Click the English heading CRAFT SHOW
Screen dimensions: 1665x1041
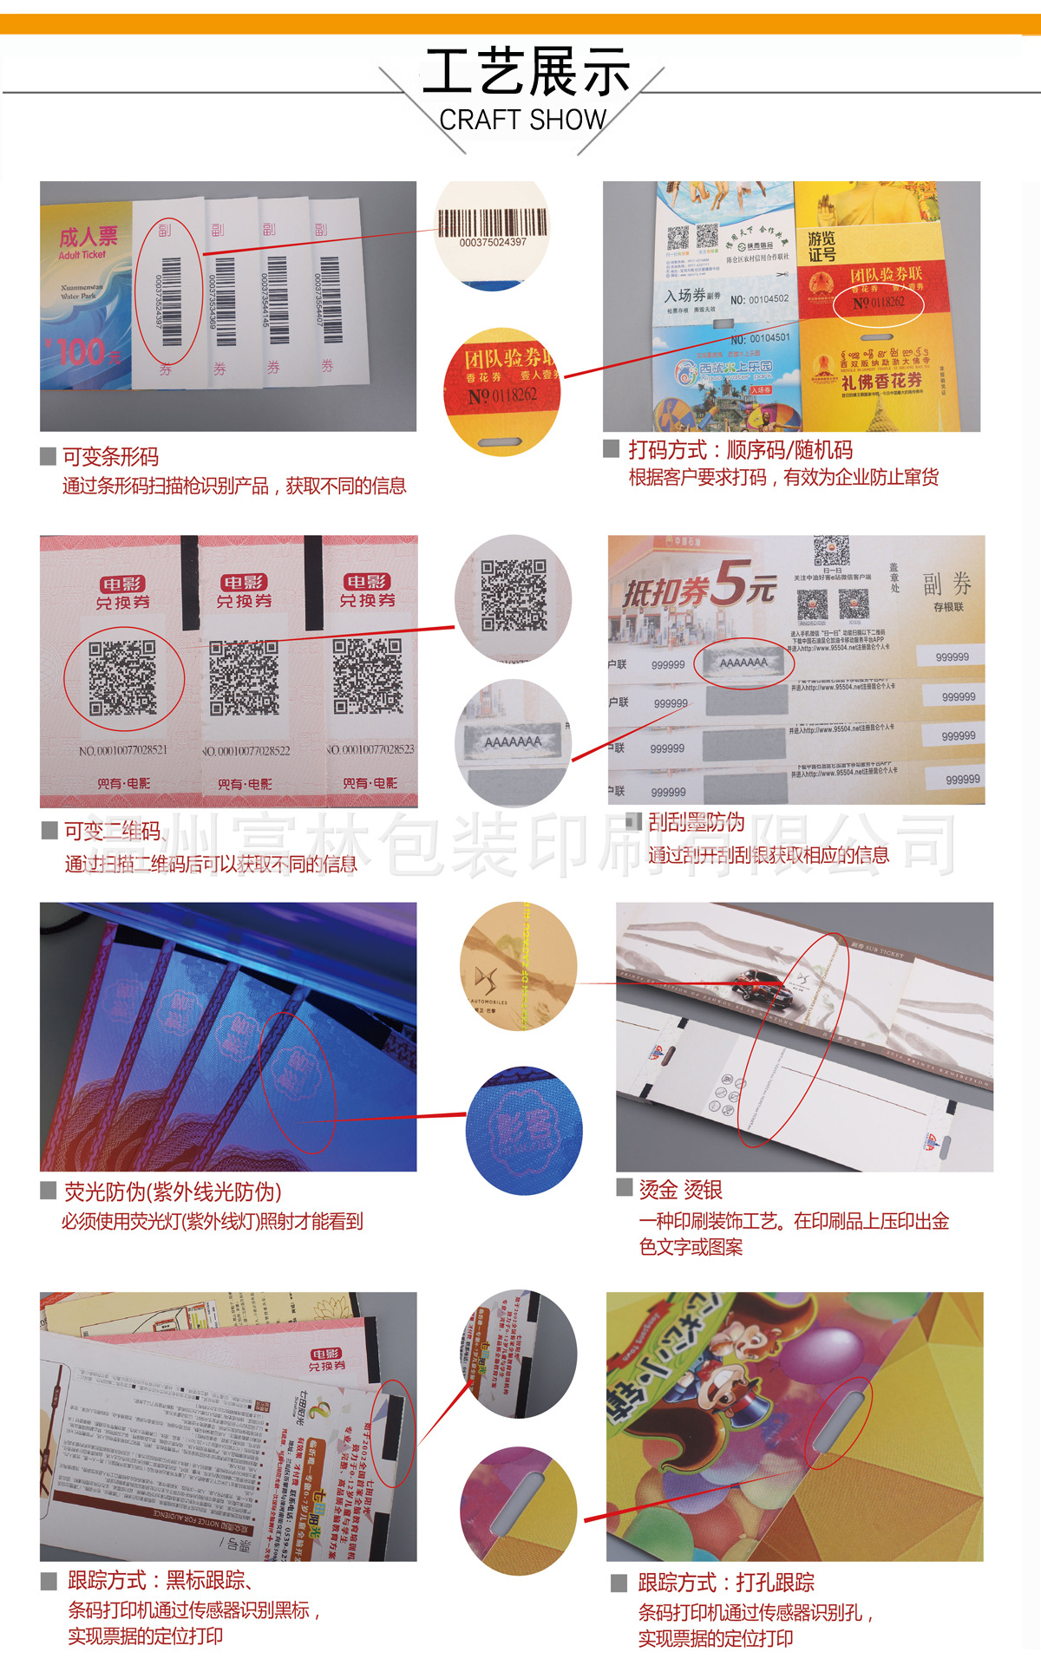(522, 120)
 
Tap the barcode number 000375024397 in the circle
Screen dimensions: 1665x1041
(493, 242)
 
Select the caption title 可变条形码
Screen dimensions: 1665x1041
(110, 456)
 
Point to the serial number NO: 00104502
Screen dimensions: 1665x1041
(759, 299)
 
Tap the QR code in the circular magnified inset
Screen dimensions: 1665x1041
(514, 594)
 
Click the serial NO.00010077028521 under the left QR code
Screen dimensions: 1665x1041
(123, 750)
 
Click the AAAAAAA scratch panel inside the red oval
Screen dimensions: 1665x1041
(743, 663)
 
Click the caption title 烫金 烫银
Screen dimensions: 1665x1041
(680, 1189)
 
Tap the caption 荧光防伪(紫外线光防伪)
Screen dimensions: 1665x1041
(173, 1192)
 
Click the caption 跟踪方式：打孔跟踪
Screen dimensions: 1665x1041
(726, 1583)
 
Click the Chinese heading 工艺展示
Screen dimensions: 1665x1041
(526, 72)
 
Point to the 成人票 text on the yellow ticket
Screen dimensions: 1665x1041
(88, 237)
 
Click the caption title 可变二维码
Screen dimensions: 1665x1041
(113, 831)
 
